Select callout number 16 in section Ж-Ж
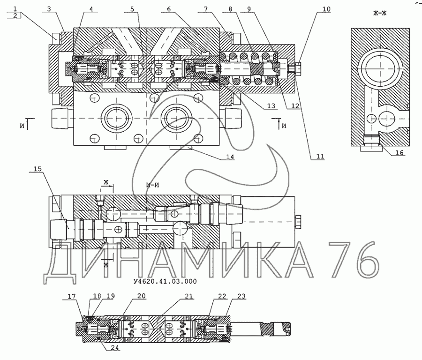coord(399,152)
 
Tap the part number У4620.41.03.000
coord(165,281)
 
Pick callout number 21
coord(188,296)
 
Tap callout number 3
coord(49,9)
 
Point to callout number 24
coord(114,348)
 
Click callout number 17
coord(72,296)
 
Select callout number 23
coord(242,296)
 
